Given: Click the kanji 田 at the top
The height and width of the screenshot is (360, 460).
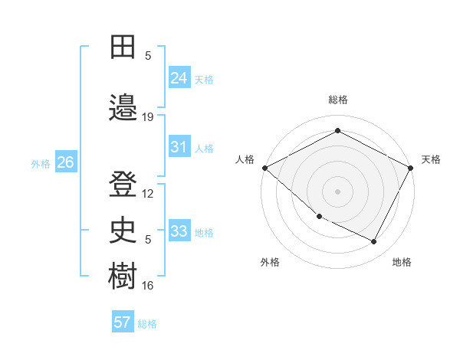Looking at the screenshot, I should click(123, 47).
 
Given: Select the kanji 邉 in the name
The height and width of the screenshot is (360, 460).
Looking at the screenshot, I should click(123, 106).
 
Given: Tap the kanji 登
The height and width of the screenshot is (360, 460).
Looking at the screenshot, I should click(123, 184).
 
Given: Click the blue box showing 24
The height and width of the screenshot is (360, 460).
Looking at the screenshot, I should click(179, 77).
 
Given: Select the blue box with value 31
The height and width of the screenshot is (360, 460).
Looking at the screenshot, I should click(179, 147).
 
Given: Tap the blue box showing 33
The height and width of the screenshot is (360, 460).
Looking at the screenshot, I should click(179, 231).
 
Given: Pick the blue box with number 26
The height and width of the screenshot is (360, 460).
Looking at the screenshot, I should click(65, 162).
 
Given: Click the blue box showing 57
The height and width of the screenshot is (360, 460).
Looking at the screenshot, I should click(123, 322).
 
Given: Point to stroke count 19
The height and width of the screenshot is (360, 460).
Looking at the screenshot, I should click(148, 117).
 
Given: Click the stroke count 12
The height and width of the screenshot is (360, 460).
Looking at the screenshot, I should click(148, 194).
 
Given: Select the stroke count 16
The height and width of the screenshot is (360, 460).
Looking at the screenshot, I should click(148, 286).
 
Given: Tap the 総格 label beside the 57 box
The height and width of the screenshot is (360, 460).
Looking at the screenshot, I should click(147, 324).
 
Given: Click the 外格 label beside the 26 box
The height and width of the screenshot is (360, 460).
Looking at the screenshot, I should click(41, 163).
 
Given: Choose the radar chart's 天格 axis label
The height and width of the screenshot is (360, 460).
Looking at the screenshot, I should click(431, 159).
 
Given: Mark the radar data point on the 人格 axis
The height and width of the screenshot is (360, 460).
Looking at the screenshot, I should click(264, 168).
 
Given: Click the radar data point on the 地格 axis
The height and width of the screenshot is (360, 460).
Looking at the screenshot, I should click(374, 242).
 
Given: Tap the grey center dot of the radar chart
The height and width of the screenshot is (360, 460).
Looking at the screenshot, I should click(338, 191).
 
